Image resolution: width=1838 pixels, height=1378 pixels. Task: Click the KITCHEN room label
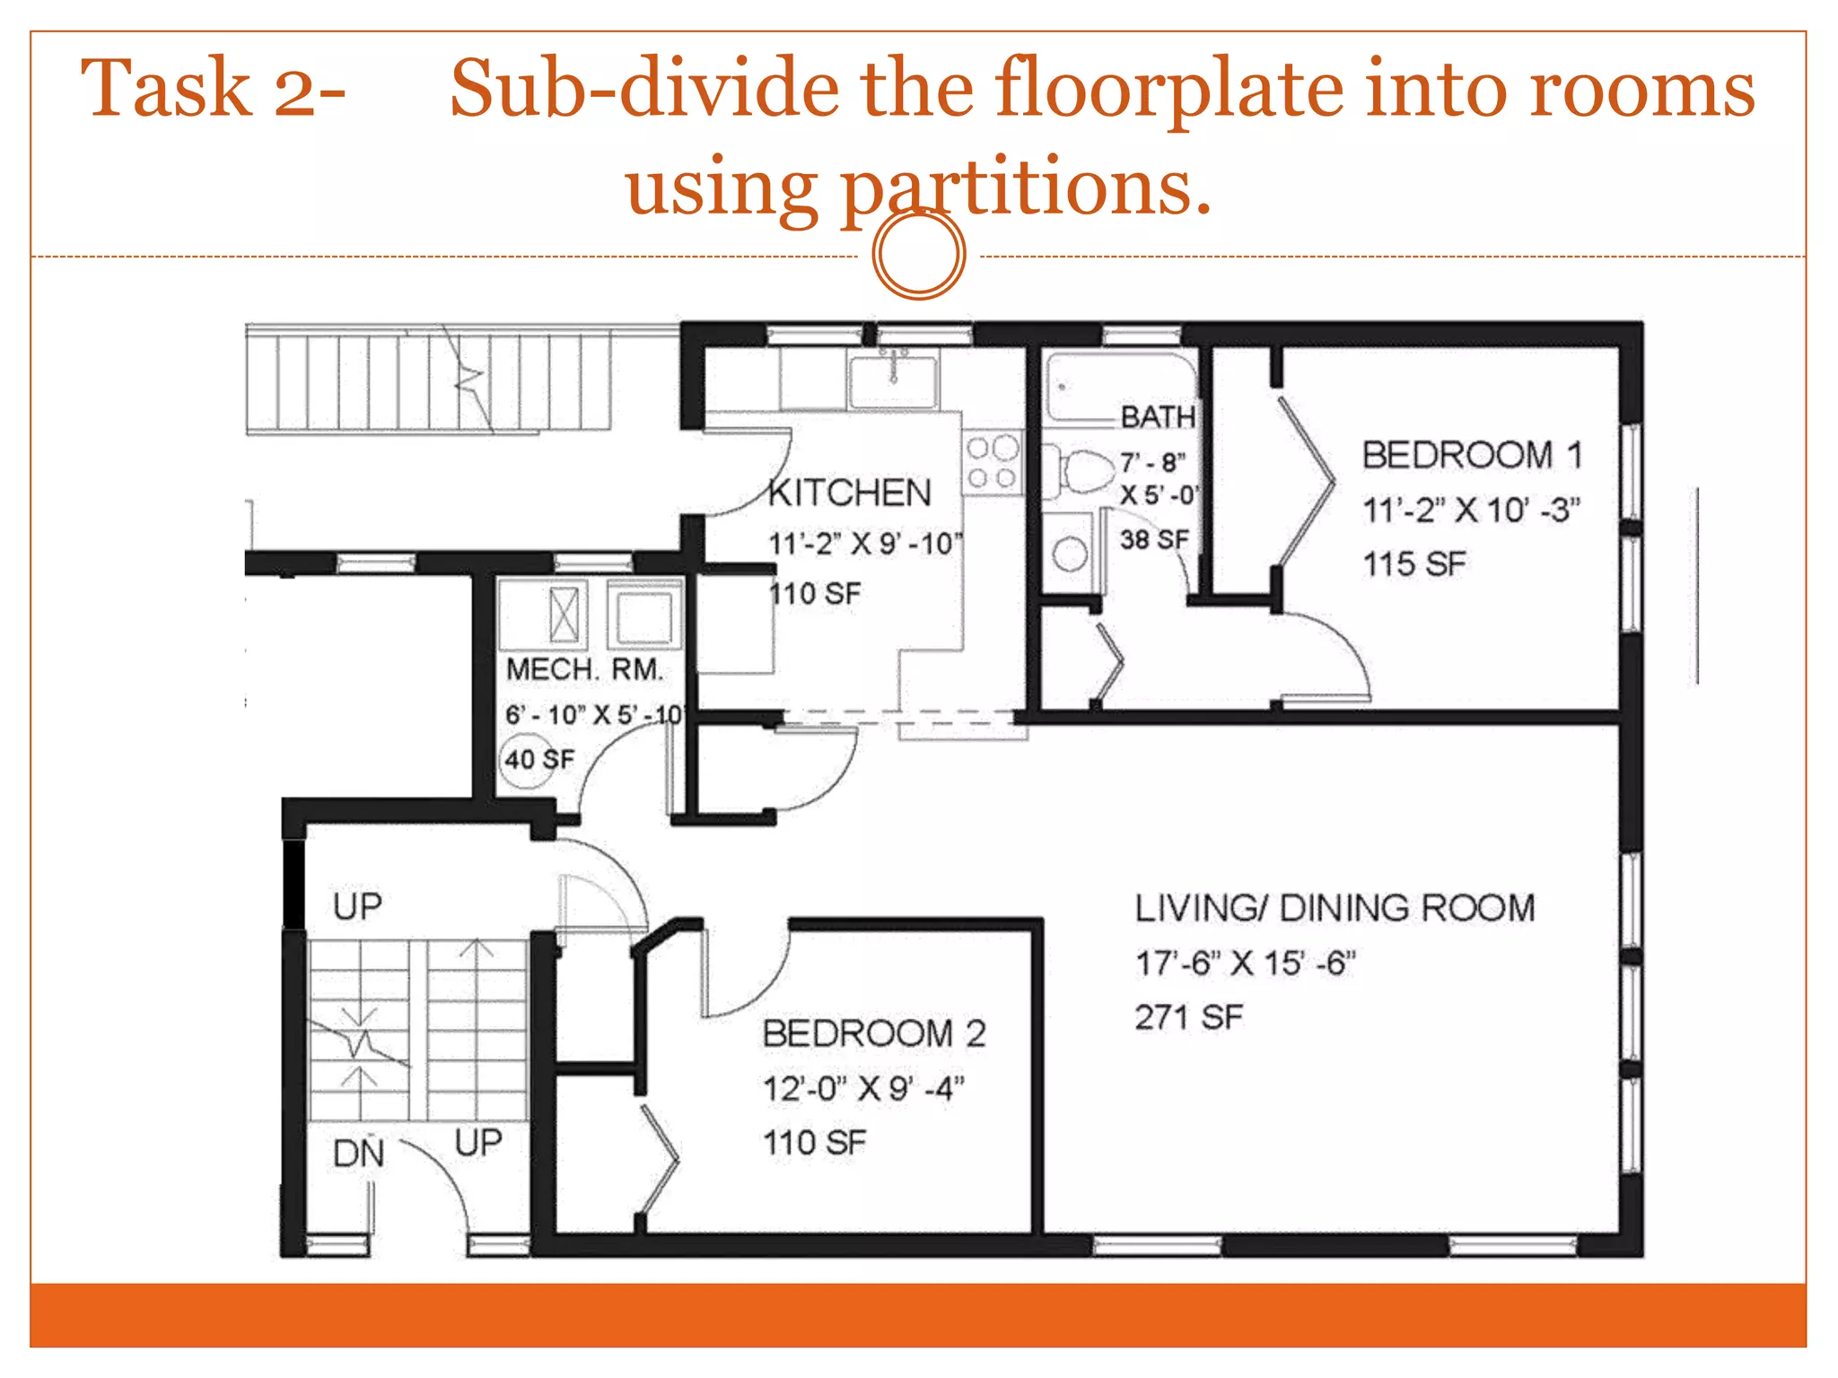click(x=850, y=493)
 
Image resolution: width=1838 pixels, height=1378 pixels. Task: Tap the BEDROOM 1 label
click(x=1472, y=455)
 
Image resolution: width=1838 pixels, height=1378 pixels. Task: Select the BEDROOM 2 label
click(x=874, y=1033)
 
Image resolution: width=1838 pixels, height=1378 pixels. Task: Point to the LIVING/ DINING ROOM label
click(x=1335, y=908)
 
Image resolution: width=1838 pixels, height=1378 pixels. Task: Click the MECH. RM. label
click(x=584, y=669)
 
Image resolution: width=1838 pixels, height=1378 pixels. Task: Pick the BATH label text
click(x=1158, y=416)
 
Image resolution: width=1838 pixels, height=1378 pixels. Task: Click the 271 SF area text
click(x=1188, y=1017)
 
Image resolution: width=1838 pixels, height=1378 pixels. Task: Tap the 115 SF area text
click(x=1414, y=564)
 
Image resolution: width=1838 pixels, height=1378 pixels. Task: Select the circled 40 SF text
click(x=538, y=760)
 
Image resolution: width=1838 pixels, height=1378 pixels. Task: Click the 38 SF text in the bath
click(x=1154, y=539)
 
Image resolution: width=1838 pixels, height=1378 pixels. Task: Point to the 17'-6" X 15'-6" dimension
click(x=1245, y=964)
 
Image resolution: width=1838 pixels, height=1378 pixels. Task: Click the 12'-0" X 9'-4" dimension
click(x=863, y=1088)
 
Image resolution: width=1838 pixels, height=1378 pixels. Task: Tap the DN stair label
click(x=358, y=1154)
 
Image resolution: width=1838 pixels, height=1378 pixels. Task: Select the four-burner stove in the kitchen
click(x=992, y=463)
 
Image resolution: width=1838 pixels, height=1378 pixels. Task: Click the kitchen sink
click(x=893, y=380)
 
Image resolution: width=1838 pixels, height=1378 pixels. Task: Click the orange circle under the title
click(x=919, y=254)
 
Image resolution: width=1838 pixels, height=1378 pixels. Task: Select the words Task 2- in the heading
click(x=214, y=88)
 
